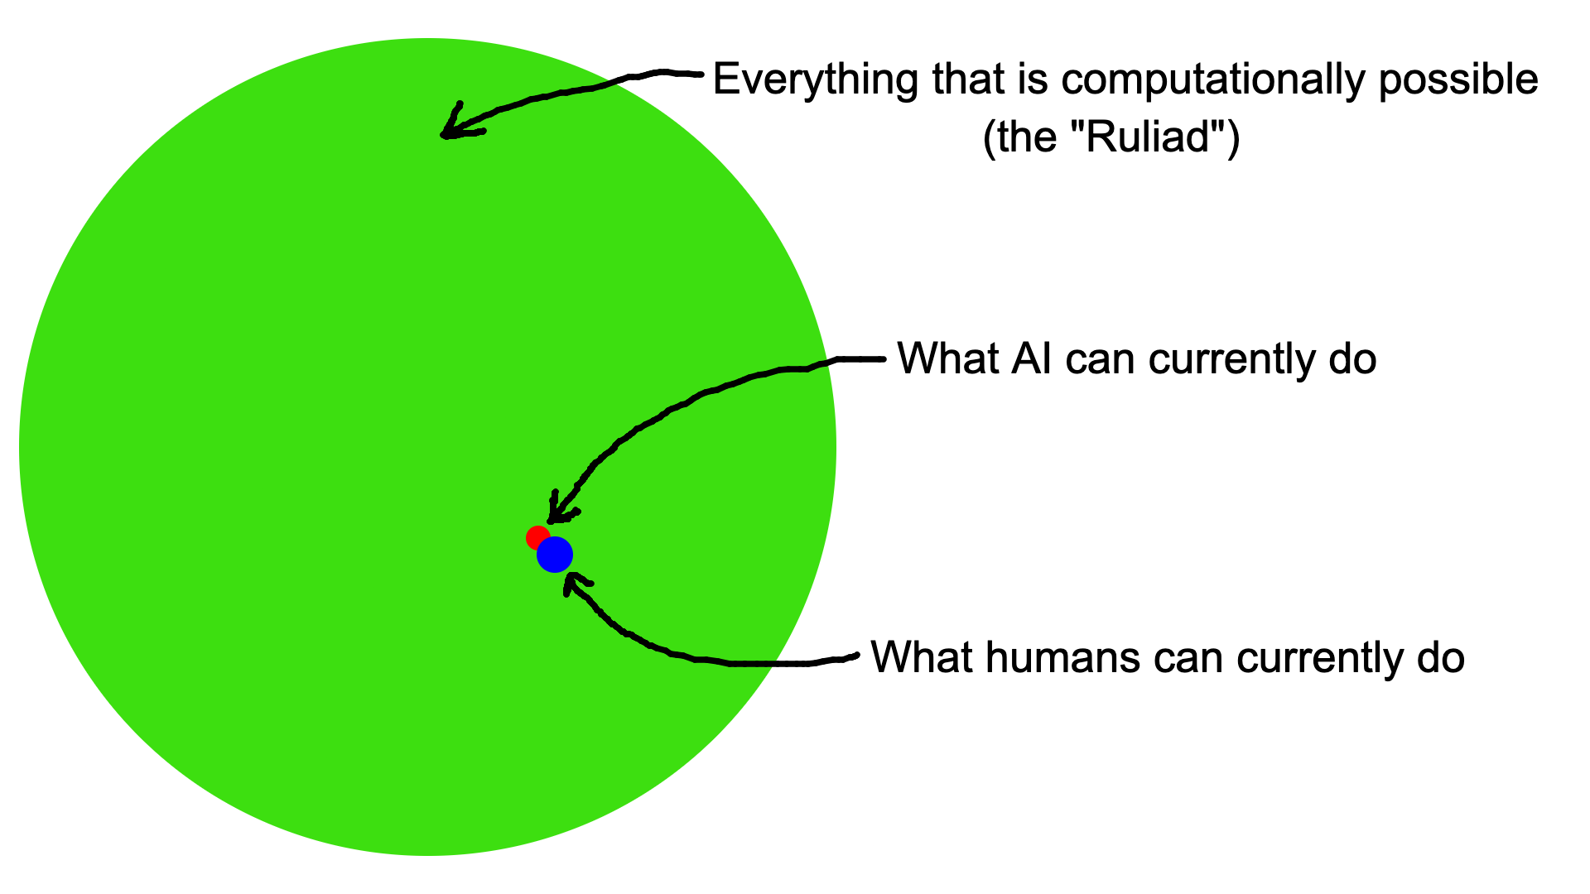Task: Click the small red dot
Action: [536, 536]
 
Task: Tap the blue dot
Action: [555, 555]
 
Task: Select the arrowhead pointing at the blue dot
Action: [569, 583]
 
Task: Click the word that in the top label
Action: [961, 80]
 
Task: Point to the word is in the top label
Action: [1024, 80]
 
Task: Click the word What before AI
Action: [947, 359]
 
